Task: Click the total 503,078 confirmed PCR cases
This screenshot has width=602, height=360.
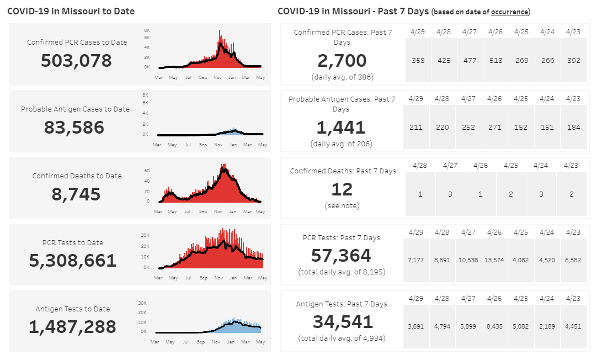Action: point(76,60)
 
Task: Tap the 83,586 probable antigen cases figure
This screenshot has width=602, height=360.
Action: point(74,128)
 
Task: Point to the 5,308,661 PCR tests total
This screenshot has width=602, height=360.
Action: point(73,261)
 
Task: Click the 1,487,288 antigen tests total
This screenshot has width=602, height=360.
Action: point(72,327)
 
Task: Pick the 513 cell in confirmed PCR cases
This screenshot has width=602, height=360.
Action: point(496,61)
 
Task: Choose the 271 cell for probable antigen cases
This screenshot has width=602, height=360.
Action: point(494,128)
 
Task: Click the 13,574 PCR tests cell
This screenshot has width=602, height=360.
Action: point(496,260)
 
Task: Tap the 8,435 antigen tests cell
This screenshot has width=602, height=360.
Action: point(494,326)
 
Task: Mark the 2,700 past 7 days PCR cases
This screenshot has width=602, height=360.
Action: point(342,61)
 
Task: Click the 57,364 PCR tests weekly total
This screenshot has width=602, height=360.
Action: point(342,256)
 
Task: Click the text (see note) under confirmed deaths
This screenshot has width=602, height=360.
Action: point(342,205)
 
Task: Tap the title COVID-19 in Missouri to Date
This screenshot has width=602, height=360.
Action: point(71,11)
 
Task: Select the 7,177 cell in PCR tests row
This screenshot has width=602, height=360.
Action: point(415,260)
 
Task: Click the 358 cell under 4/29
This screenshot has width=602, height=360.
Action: point(418,61)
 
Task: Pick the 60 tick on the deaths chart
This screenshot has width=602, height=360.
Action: point(147,171)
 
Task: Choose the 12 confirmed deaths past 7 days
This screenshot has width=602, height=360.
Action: point(342,189)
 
